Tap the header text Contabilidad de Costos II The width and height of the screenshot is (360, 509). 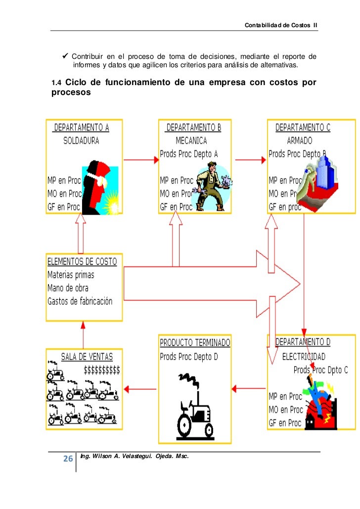[280, 25]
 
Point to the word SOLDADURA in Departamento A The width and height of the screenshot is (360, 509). [81, 140]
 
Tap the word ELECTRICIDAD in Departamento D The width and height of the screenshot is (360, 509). [304, 356]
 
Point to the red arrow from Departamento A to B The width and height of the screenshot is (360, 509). [140, 160]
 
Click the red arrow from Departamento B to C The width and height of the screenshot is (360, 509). [251, 160]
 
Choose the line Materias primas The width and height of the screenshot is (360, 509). [71, 275]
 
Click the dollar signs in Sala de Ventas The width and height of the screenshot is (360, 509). [102, 370]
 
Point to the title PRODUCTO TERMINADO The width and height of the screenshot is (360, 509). [194, 342]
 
